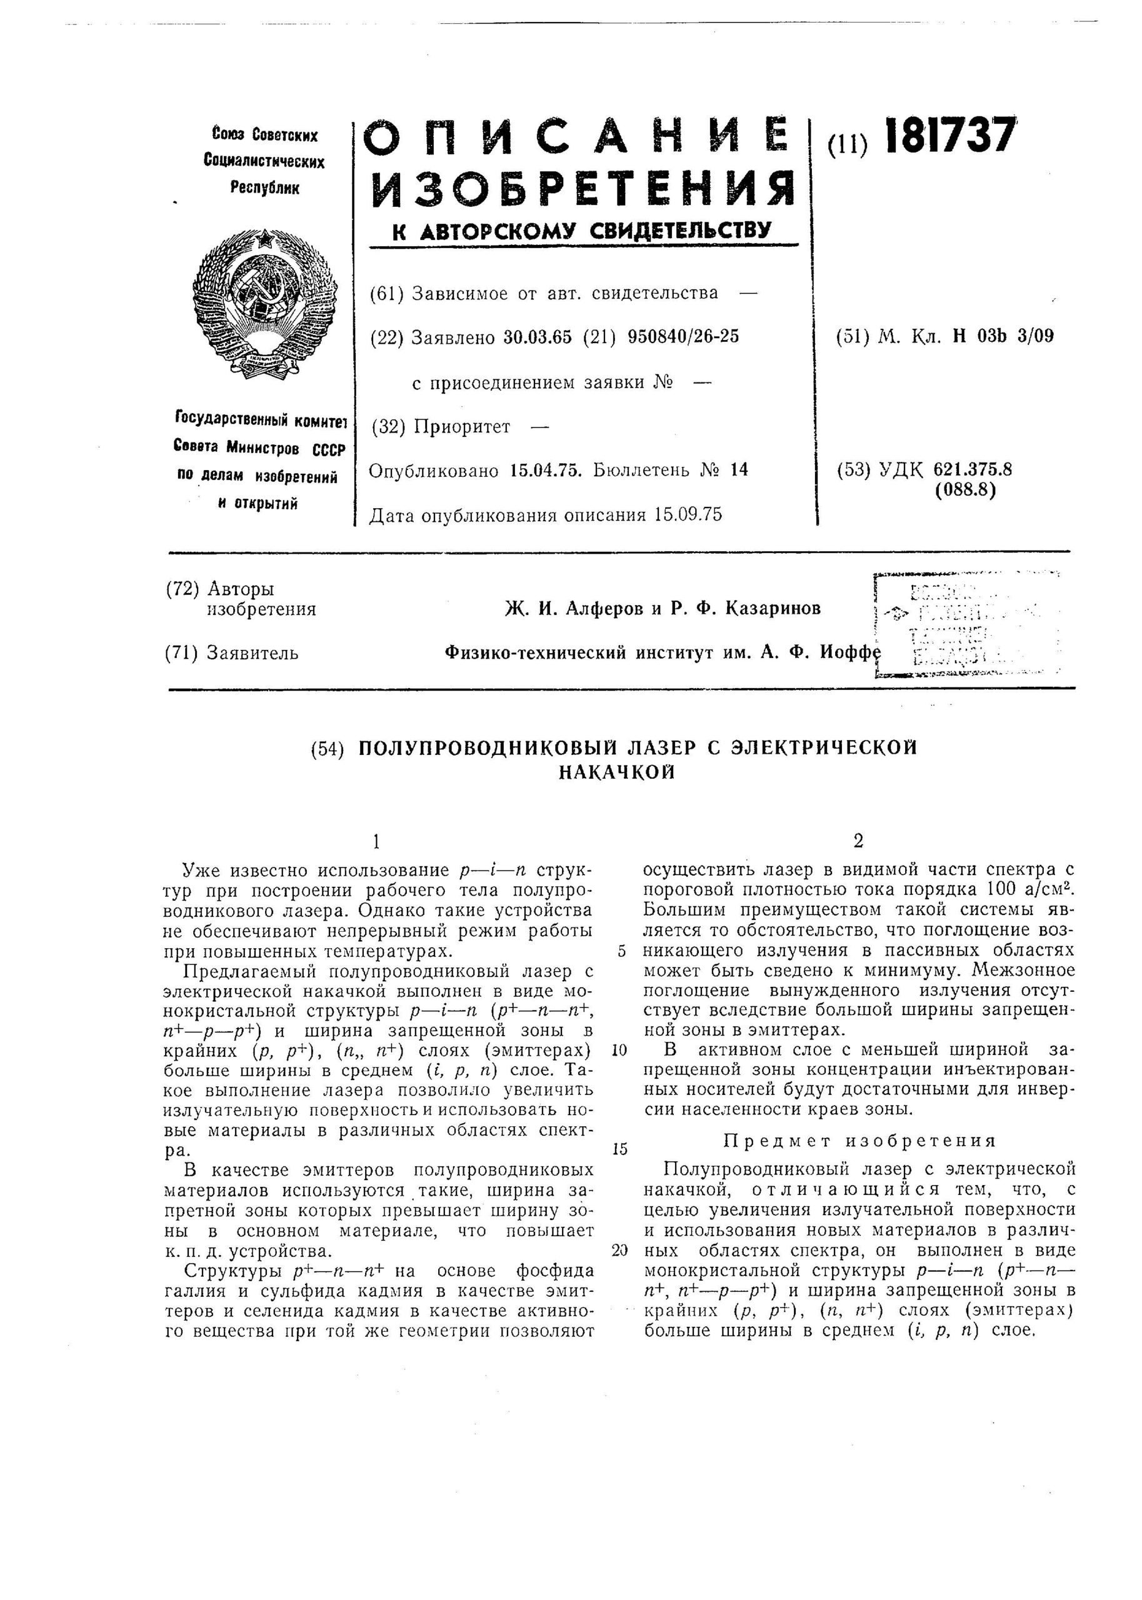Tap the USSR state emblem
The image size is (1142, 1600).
pos(264,304)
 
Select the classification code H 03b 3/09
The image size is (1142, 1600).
pos(1003,336)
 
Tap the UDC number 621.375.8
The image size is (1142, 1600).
pos(973,469)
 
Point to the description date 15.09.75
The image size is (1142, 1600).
pos(687,515)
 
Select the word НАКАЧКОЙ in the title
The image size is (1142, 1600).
pos(617,772)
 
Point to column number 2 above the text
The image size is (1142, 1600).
pos(857,841)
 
